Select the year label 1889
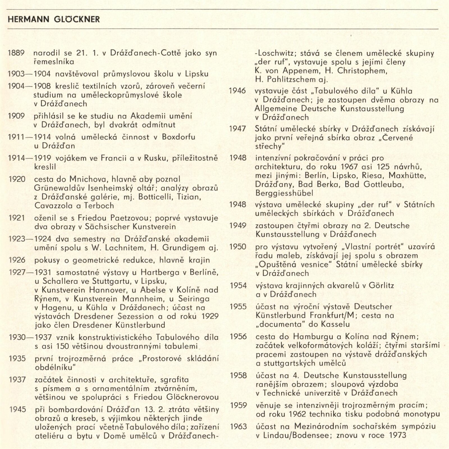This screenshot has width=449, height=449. point(16,53)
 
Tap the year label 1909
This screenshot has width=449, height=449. point(16,116)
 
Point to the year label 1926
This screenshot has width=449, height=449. point(17,260)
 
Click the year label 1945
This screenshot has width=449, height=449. point(18,409)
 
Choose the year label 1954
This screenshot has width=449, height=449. point(238,286)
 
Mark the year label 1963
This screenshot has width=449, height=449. point(238,427)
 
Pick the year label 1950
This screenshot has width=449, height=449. point(238,247)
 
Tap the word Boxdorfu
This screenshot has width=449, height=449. point(178,137)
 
